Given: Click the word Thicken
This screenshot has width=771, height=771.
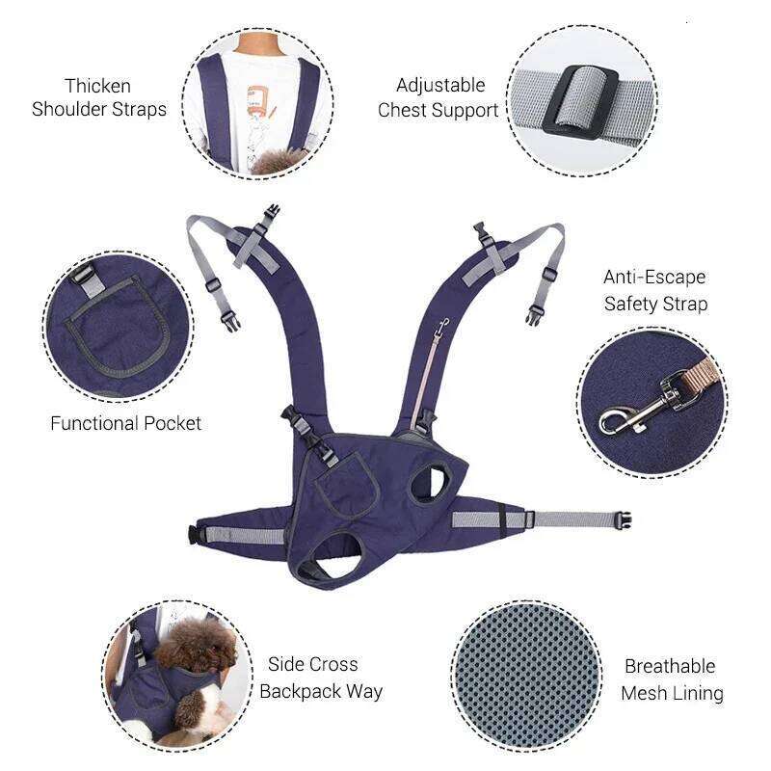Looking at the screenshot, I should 97,86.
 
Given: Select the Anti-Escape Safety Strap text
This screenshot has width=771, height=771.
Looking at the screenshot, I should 655,290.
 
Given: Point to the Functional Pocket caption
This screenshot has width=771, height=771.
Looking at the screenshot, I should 126,423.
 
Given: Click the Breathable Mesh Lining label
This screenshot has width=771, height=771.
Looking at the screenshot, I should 671,679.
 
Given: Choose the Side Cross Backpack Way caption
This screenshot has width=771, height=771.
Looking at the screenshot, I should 321,678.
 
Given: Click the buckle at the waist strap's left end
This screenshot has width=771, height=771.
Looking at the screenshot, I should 197,533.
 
